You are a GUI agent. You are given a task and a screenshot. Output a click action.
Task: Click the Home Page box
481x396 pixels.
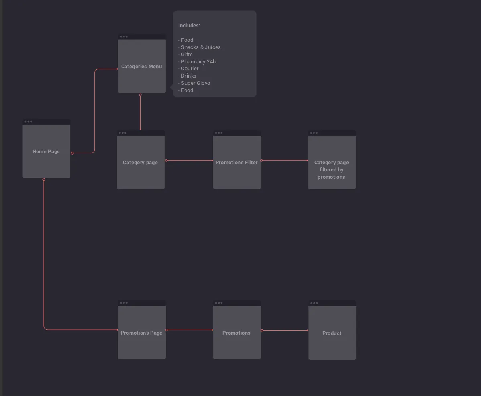[46, 151]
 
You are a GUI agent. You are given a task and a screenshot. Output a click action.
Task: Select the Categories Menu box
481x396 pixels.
[142, 66]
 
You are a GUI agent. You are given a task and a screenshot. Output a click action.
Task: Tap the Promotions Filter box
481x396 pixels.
[237, 162]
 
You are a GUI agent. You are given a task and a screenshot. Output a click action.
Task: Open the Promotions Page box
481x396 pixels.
[142, 333]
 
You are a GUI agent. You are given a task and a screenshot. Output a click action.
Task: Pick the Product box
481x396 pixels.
[332, 333]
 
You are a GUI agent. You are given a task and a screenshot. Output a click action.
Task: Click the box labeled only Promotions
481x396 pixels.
[237, 333]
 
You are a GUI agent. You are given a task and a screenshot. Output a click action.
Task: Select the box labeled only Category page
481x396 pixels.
[141, 162]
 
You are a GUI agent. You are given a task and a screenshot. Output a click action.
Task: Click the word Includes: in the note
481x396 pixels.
[189, 26]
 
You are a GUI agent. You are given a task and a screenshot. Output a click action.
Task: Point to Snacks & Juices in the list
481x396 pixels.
[200, 47]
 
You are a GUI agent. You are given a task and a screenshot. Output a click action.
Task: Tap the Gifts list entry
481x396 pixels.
[187, 55]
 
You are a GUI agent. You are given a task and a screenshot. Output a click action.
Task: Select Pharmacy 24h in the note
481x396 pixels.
[198, 62]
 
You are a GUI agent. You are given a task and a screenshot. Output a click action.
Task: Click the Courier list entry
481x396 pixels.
[190, 69]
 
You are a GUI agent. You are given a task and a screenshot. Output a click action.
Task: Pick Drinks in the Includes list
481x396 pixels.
[188, 76]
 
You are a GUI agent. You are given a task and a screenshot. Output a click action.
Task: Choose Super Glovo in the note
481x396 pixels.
[195, 83]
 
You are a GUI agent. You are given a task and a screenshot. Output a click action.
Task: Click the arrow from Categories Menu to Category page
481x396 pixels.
[140, 112]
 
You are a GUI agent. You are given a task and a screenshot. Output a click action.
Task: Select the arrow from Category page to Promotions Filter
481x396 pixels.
[189, 161]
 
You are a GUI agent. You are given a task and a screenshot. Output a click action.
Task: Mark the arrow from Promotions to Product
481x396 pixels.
[285, 331]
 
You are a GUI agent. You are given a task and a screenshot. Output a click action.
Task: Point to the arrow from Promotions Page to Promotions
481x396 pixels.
[189, 330]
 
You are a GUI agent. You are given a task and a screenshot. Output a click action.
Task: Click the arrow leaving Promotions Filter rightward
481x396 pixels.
[285, 161]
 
